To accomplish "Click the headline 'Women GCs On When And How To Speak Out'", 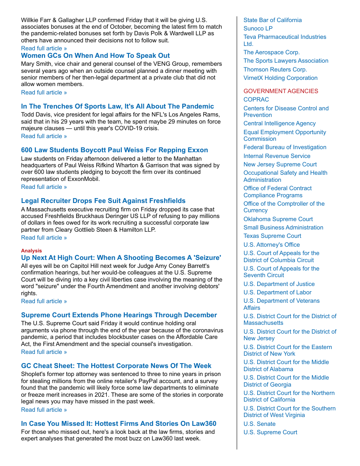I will (x=95, y=56).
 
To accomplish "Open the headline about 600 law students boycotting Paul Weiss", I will (x=114, y=150).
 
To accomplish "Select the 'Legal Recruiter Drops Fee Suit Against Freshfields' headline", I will (x=103, y=201).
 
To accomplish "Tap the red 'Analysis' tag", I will (x=31, y=251).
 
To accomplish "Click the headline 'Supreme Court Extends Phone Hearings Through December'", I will (x=119, y=315).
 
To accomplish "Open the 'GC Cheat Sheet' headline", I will (x=116, y=366).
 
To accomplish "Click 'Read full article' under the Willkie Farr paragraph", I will (x=44, y=48).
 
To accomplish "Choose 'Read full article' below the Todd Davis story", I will (x=44, y=136).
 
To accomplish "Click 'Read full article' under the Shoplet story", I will (x=44, y=410).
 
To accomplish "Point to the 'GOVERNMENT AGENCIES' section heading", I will (x=281, y=91).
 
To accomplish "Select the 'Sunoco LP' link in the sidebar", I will (x=258, y=29).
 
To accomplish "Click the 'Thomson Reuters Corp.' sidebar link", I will (x=275, y=69).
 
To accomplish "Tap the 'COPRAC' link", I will (x=256, y=100).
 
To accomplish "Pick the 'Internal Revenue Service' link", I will (x=277, y=156).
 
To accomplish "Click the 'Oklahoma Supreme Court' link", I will (x=278, y=219).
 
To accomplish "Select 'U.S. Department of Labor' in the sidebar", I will (x=277, y=292).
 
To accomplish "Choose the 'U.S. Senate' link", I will (x=259, y=424).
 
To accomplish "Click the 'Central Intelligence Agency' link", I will (x=279, y=124).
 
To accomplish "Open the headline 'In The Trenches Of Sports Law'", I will (x=117, y=106).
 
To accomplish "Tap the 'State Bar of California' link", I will (x=273, y=20).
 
